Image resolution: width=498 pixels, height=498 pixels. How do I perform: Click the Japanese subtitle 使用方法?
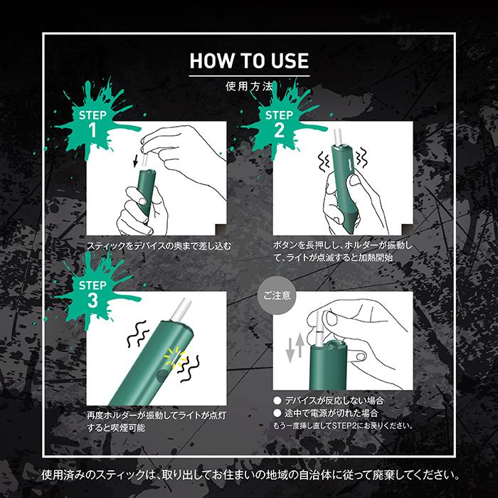click(249, 87)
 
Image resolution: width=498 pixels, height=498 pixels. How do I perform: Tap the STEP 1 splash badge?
click(92, 122)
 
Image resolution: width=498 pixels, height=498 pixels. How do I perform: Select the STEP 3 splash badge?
click(92, 292)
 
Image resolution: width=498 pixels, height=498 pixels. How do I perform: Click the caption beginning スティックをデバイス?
click(159, 245)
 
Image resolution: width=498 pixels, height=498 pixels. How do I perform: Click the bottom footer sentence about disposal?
click(249, 474)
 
